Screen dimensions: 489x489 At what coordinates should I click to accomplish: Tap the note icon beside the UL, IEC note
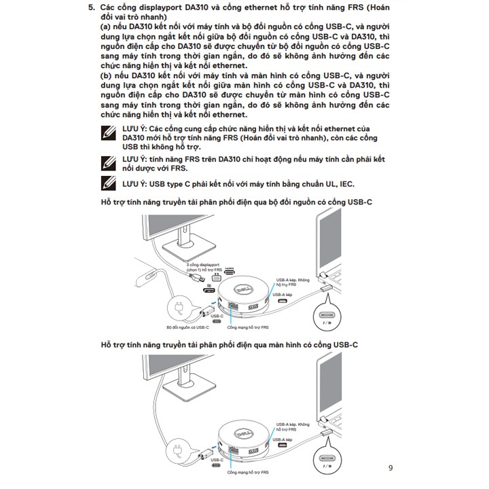click(x=107, y=183)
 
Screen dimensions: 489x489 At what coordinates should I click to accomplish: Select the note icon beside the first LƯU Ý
click(x=107, y=133)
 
